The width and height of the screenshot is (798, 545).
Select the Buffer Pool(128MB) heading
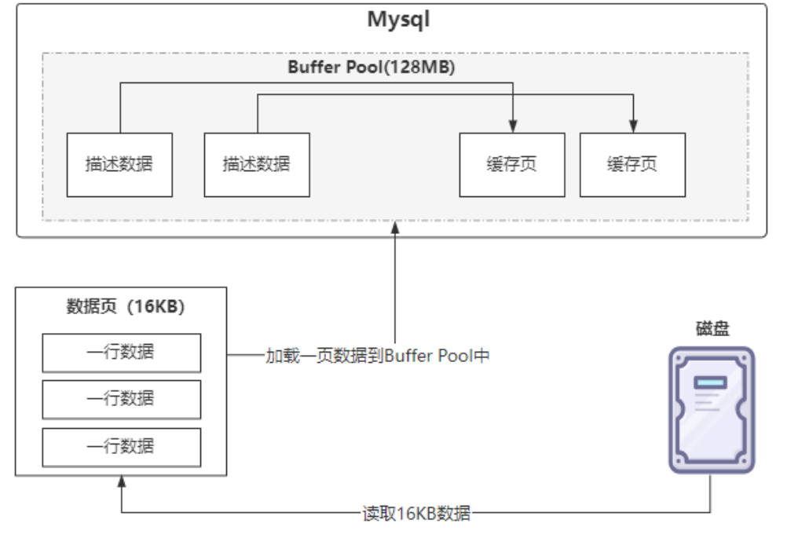[x=371, y=68]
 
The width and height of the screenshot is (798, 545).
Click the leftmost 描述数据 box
[x=119, y=164]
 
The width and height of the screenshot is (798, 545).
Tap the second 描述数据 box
[x=257, y=164]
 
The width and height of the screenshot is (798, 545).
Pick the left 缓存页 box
[x=512, y=164]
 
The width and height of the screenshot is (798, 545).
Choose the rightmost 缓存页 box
[x=632, y=164]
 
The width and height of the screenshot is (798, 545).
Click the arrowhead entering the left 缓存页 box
[x=512, y=126]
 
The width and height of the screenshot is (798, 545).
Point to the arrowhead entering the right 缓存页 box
[x=632, y=126]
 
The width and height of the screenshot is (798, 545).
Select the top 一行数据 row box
[x=121, y=353]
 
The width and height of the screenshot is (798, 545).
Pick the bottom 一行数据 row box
[x=121, y=447]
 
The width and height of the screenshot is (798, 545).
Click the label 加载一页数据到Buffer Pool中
[x=377, y=356]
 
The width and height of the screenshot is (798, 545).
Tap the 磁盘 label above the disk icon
[x=712, y=329]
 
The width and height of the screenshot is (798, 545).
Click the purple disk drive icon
[x=712, y=410]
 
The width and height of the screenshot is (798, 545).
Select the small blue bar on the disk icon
[x=711, y=382]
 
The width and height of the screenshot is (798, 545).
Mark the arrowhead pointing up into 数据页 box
[x=121, y=481]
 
